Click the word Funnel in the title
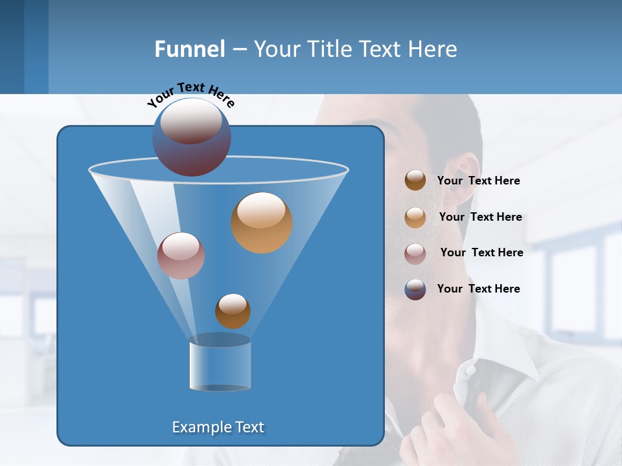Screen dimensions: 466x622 pyautogui.click(x=190, y=49)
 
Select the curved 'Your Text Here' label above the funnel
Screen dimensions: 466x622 pyautogui.click(x=191, y=94)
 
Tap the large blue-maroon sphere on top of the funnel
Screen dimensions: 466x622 pyautogui.click(x=192, y=137)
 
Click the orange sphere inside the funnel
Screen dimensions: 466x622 pyautogui.click(x=262, y=223)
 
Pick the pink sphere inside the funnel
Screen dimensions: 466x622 pyautogui.click(x=181, y=256)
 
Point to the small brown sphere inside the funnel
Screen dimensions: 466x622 pyautogui.click(x=233, y=311)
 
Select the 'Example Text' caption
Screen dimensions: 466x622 pyautogui.click(x=218, y=427)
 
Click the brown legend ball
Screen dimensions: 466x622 pyautogui.click(x=415, y=181)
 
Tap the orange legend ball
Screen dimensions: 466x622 pyautogui.click(x=415, y=217)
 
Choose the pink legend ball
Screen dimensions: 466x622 pyautogui.click(x=415, y=253)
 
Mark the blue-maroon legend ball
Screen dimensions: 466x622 pyautogui.click(x=415, y=289)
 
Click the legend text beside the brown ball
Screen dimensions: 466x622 pyautogui.click(x=478, y=181)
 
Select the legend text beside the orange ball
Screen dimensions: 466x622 pyautogui.click(x=480, y=217)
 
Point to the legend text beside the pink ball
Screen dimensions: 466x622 pyautogui.click(x=481, y=252)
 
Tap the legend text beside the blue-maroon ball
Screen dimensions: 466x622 pyautogui.click(x=478, y=289)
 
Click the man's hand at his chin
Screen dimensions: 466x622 pyautogui.click(x=454, y=427)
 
